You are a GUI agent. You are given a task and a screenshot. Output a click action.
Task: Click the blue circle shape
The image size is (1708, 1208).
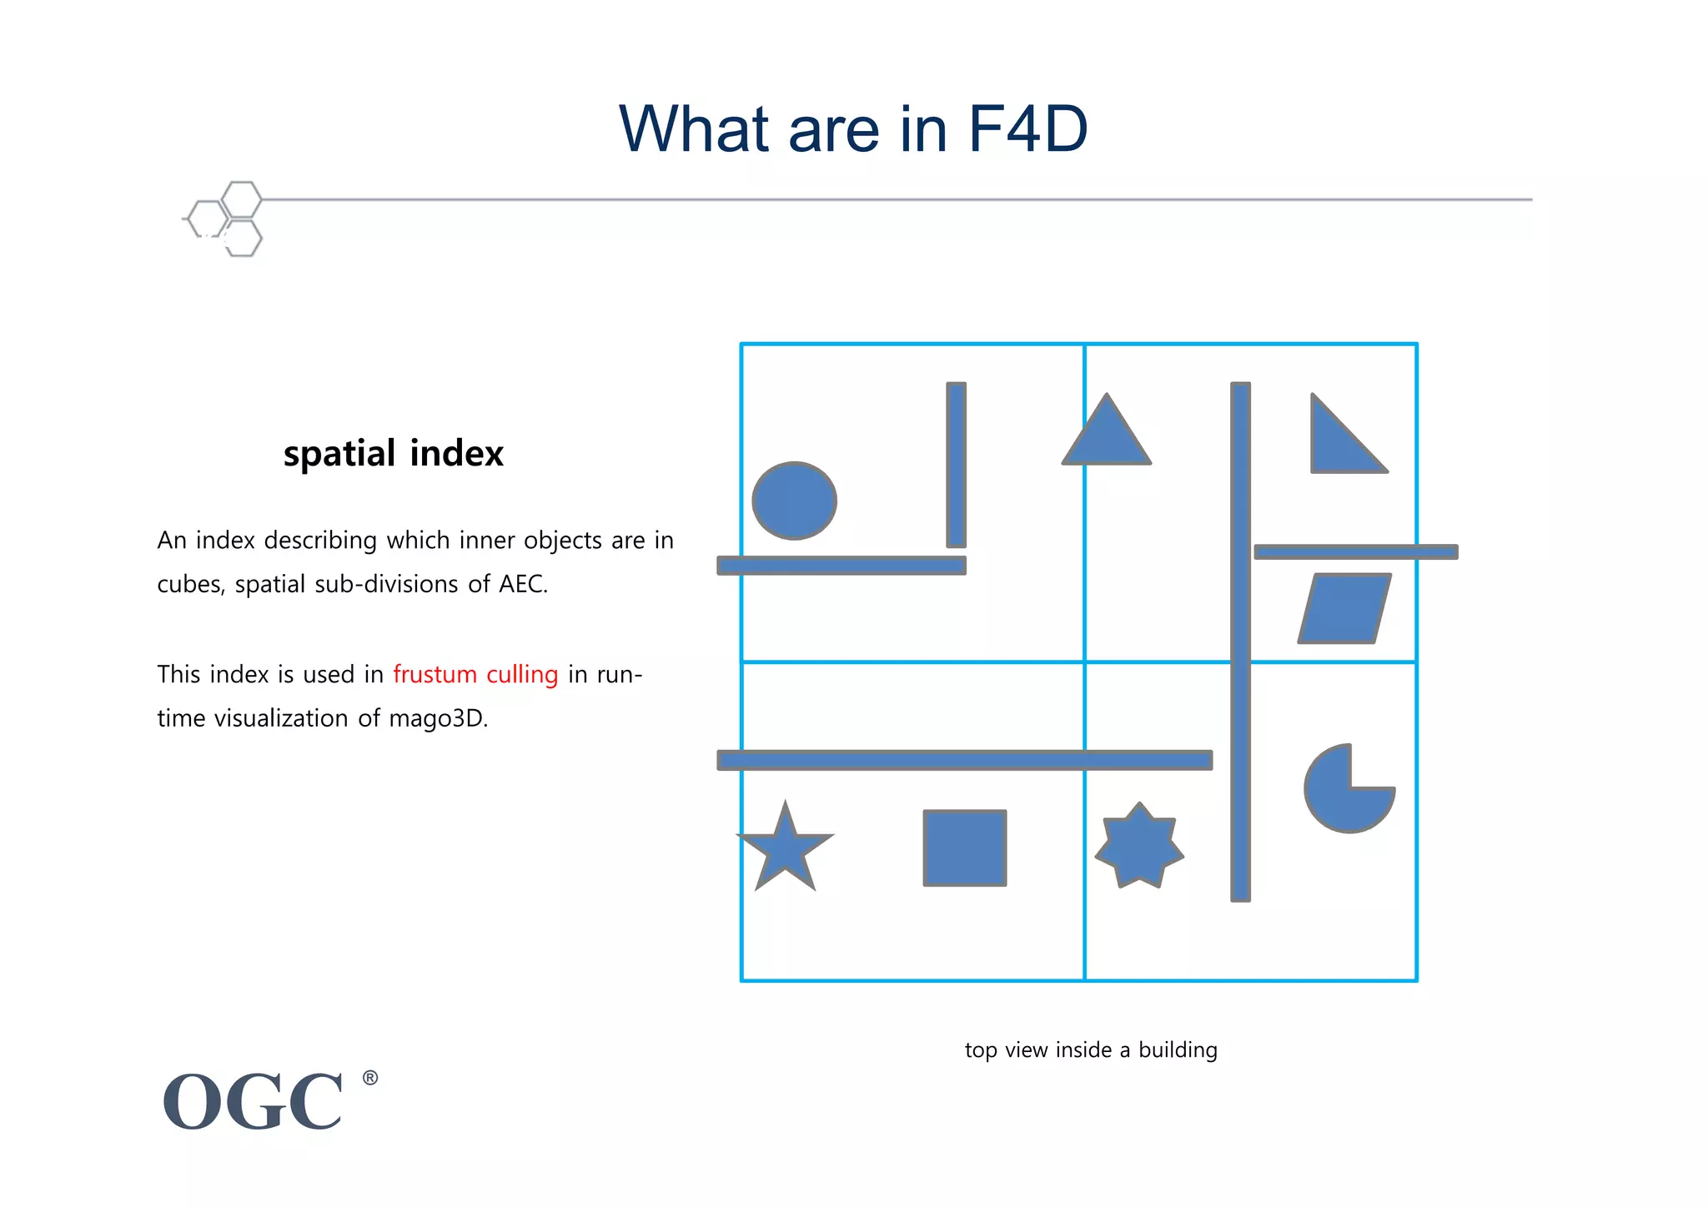point(794,501)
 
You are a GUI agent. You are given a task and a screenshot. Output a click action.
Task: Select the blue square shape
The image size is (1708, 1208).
point(965,848)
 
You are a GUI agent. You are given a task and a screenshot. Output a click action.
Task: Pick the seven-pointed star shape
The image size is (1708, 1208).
point(1139,848)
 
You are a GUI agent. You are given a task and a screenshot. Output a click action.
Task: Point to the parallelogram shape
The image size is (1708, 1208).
point(1344,608)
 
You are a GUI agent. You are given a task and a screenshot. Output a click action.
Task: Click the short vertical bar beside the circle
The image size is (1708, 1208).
point(956,465)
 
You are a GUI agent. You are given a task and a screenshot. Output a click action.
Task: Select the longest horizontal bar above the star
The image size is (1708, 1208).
point(964,760)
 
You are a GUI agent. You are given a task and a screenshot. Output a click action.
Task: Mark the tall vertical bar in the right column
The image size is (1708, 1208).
point(1240,642)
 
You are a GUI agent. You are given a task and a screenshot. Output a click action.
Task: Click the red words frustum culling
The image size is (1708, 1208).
point(475,674)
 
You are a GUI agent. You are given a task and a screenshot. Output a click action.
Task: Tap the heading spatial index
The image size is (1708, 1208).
point(394,454)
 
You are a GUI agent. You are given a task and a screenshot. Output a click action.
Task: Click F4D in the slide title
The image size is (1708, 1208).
point(1027,129)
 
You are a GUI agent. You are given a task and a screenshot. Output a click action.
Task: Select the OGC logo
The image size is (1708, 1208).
point(253,1102)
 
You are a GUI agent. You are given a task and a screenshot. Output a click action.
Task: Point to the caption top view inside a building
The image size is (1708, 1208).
point(1091,1049)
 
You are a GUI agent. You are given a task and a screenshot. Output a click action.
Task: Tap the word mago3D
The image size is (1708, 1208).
point(437,718)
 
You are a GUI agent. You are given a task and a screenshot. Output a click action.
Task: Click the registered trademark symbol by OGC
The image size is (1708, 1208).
point(370,1078)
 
